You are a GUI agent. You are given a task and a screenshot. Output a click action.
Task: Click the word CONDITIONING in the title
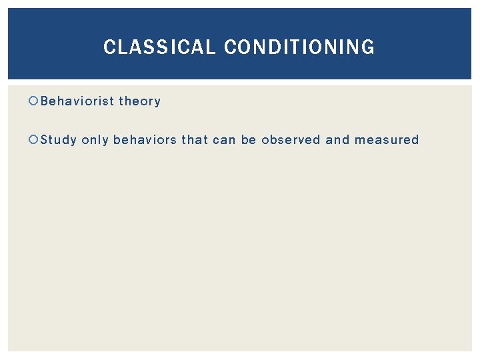(x=299, y=47)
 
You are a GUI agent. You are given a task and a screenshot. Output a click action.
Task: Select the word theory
(x=139, y=101)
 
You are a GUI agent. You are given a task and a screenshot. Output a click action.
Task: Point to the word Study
(x=59, y=140)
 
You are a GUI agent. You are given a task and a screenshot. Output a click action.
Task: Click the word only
(x=95, y=140)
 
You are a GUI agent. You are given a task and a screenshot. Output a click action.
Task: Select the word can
(x=225, y=140)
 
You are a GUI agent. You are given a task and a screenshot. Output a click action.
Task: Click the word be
(x=249, y=140)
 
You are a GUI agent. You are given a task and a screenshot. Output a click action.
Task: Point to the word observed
(x=291, y=140)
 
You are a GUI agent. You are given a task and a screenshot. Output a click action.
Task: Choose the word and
(x=337, y=140)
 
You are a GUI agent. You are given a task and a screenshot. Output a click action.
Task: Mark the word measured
(x=387, y=140)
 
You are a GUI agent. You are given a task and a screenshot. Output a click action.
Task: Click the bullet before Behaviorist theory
(x=34, y=101)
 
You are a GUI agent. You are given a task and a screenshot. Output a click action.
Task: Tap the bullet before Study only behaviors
(x=34, y=140)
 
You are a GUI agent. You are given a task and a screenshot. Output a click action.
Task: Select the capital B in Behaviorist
(x=45, y=101)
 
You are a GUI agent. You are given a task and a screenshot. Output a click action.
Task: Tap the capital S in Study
(x=45, y=140)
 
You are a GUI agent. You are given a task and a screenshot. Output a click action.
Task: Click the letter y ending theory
(x=157, y=103)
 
